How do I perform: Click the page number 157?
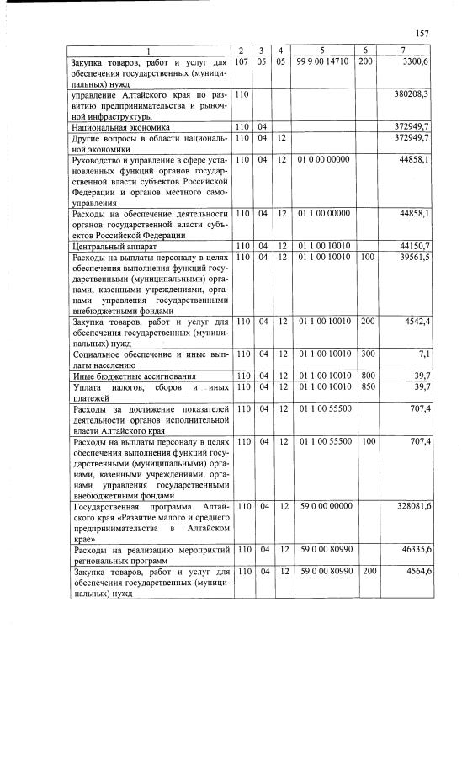pos(422,33)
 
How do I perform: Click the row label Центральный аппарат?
pos(108,245)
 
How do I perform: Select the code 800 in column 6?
pos(366,376)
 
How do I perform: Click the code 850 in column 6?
pos(366,386)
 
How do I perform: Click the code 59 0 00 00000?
pos(324,506)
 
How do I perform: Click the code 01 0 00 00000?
pos(324,159)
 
